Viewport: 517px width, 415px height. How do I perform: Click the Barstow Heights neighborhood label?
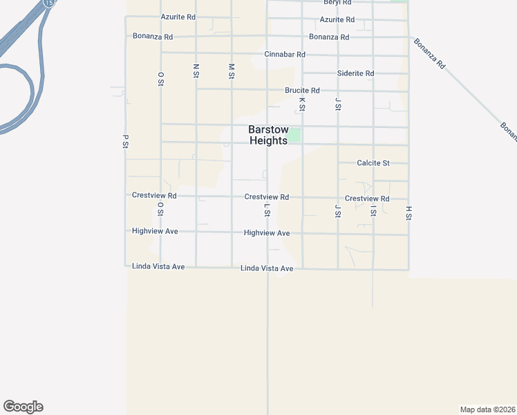point(269,135)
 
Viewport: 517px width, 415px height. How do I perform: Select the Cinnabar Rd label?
point(285,54)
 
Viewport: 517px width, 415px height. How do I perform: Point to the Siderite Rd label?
point(355,73)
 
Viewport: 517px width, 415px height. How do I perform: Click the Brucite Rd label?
point(302,91)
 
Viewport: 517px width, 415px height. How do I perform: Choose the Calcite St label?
point(373,163)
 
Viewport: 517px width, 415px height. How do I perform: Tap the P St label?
point(125,140)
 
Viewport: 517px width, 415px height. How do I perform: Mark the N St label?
point(196,70)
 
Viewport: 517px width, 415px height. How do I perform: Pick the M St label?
point(232,70)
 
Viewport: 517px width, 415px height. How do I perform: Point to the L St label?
point(267,210)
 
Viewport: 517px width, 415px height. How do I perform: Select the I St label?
point(373,210)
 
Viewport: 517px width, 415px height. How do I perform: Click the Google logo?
point(23,407)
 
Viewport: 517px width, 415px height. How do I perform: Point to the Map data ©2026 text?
point(487,409)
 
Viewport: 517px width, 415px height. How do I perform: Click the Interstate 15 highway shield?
point(48,3)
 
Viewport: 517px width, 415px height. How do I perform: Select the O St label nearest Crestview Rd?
point(160,208)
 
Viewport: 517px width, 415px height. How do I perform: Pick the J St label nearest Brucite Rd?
point(338,104)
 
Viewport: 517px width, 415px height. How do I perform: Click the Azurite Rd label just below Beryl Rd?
point(337,19)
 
